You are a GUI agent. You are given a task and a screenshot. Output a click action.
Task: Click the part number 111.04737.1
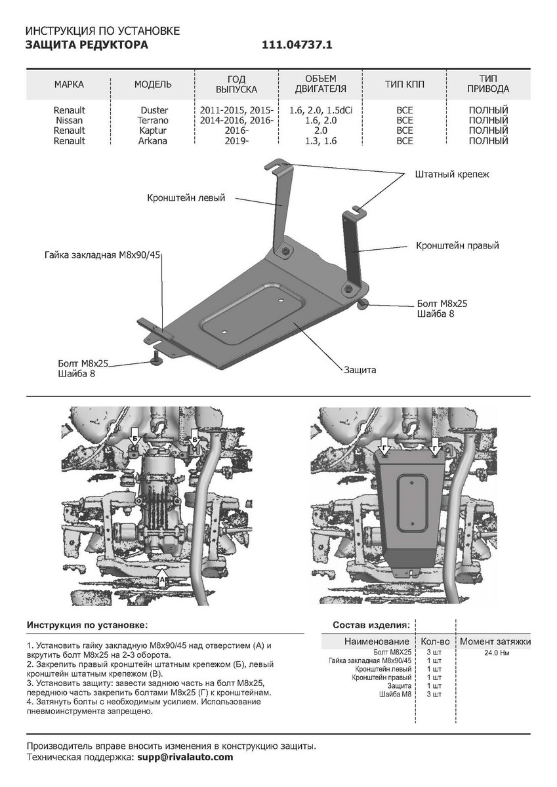tap(298, 45)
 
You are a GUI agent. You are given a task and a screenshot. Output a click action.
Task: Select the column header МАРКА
tap(69, 85)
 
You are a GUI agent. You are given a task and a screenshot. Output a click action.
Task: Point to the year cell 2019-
tap(237, 140)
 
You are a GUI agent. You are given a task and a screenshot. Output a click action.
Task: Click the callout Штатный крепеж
tap(452, 174)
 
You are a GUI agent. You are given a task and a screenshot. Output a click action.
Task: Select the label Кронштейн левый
tap(186, 197)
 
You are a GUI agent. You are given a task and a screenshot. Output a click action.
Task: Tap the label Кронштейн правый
tap(457, 245)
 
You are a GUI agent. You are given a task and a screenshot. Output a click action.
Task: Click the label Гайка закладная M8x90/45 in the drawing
tap(103, 254)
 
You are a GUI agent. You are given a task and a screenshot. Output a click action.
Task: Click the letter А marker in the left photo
tap(162, 580)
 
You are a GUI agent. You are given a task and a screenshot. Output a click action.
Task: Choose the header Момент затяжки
tap(495, 641)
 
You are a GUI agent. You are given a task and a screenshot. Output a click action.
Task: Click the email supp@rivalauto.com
tap(185, 757)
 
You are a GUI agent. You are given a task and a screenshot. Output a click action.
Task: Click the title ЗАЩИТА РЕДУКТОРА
tap(87, 45)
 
